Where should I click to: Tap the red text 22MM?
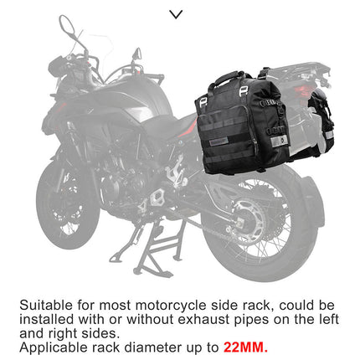pos(245,345)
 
